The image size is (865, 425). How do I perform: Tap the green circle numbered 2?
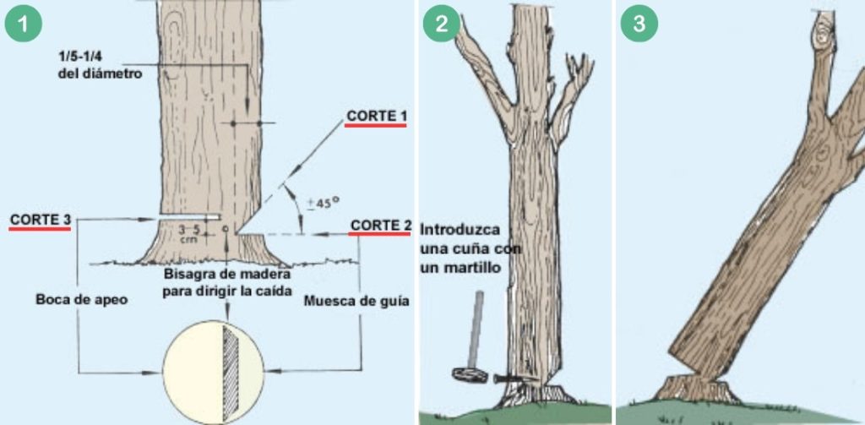(441, 24)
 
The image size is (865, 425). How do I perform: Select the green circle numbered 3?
(639, 24)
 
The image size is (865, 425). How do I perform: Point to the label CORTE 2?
(380, 226)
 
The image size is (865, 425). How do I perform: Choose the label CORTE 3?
(40, 221)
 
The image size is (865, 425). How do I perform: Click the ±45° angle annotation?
(322, 202)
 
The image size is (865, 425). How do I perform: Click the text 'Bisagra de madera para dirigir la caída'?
(226, 283)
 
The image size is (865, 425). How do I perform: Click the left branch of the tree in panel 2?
(485, 76)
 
